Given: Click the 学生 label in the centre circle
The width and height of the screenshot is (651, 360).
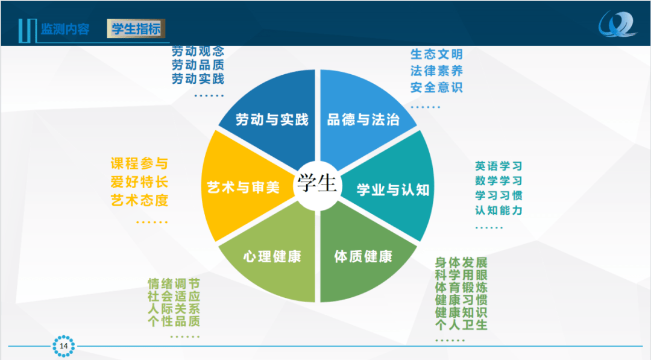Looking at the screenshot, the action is point(317,183).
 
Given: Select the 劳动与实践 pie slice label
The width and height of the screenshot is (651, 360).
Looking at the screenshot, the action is point(272,119).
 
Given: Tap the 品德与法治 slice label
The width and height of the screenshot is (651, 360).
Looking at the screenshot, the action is point(363,119).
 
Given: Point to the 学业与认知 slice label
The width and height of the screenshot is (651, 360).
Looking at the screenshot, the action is point(393,190).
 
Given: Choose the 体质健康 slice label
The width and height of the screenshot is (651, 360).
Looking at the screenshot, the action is point(363,256).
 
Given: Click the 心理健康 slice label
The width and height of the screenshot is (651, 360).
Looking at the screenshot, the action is point(272,256).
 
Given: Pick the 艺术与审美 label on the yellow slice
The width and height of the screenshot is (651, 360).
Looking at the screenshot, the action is point(244,188).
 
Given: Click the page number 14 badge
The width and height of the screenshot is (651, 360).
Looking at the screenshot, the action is point(63,346).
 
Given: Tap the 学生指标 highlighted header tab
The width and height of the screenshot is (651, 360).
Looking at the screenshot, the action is point(136,29).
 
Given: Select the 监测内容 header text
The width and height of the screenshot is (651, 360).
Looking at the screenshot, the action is point(64,29).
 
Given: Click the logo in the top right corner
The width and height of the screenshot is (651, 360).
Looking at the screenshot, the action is point(617,25).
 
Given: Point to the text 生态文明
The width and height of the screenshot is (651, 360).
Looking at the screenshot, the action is point(436,54).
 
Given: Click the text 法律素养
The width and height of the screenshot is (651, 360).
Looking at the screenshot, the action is point(436,71).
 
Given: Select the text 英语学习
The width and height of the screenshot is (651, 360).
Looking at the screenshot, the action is point(498,166).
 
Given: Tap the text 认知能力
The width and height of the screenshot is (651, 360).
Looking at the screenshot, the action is point(498,210).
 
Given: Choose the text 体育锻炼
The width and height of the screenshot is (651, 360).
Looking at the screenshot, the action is point(461,287).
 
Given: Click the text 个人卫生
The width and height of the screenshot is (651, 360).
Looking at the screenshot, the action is point(461,324).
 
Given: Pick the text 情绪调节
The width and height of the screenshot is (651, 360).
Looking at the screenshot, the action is point(174,283).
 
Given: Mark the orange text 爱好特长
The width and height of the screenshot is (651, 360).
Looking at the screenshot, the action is point(139,182).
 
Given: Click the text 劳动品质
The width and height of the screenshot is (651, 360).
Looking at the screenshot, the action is point(198,65).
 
